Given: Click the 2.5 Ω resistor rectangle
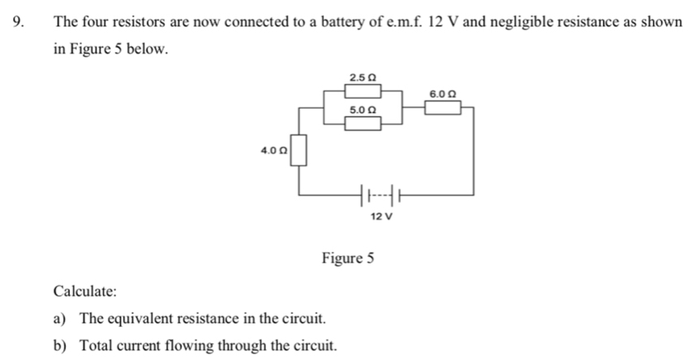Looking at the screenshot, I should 363,91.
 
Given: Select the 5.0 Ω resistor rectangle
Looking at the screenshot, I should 363,123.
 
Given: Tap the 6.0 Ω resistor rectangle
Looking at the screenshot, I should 442,108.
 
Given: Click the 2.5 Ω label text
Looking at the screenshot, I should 363,77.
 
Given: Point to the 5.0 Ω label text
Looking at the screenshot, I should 363,109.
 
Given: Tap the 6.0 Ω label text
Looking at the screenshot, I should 442,94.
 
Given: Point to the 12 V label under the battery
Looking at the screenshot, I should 380,216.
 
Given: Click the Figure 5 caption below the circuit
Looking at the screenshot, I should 348,259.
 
